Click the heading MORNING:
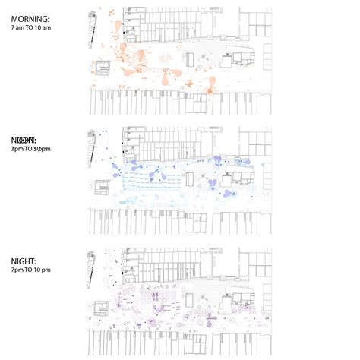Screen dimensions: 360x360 coord(29,17)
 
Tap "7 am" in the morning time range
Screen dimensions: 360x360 coord(17,27)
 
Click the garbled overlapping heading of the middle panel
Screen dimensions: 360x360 coord(24,141)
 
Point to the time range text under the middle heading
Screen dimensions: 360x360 coord(30,150)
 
